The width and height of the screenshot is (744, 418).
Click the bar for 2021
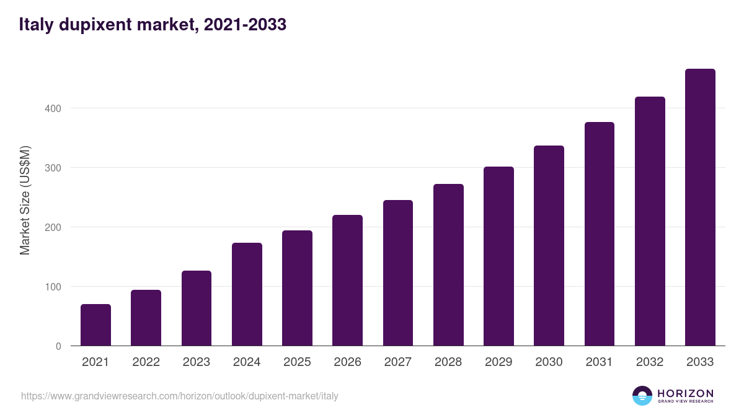95,325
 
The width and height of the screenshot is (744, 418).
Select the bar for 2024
247,295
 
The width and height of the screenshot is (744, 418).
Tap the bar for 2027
398,273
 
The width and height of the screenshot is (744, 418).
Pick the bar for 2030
549,246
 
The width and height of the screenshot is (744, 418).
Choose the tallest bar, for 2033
700,207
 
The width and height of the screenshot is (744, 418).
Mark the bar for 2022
146,318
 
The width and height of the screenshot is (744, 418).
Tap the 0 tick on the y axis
58,346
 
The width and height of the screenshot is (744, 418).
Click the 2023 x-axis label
197,362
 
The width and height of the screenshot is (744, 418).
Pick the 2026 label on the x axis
347,362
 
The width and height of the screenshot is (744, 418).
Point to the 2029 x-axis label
498,362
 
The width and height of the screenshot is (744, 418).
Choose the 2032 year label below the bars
650,362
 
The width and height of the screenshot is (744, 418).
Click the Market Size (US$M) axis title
25,200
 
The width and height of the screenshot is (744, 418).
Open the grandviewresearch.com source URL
180,396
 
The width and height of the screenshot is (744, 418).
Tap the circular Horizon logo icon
642,396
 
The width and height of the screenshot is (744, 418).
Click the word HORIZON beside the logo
685,393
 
